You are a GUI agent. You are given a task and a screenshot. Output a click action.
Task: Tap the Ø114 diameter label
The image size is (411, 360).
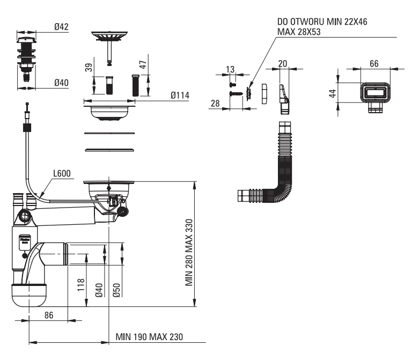click(x=181, y=95)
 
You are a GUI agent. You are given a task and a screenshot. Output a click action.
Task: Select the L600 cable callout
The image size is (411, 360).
click(x=63, y=174)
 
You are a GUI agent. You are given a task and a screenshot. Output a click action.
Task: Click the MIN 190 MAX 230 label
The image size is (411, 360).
click(x=149, y=337)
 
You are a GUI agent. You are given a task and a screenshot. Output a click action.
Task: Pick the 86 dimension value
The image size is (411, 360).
click(x=49, y=315)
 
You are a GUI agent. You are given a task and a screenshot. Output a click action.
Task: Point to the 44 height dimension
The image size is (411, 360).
click(x=333, y=93)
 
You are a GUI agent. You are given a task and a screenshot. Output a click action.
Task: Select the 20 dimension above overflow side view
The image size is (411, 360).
click(x=283, y=63)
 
